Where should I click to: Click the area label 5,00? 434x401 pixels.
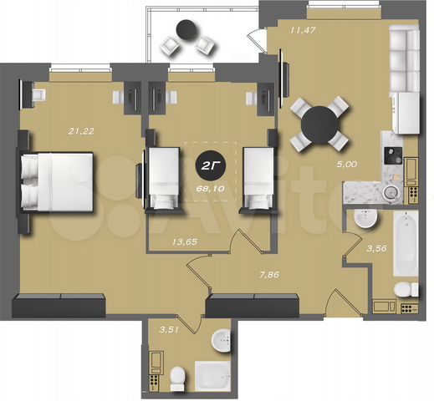point(345,165)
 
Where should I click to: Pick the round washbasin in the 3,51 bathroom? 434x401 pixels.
point(221,342)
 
